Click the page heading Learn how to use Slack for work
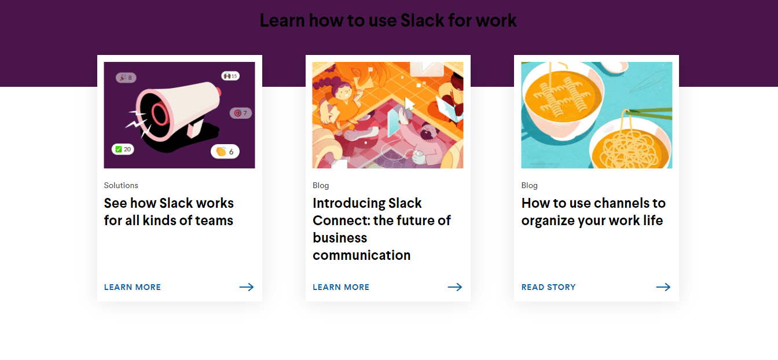pyautogui.click(x=388, y=21)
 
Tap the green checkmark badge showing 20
pyautogui.click(x=123, y=149)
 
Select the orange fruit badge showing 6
pyautogui.click(x=225, y=152)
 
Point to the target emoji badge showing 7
pyautogui.click(x=240, y=113)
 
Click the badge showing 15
pyautogui.click(x=230, y=76)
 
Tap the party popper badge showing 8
pyautogui.click(x=126, y=78)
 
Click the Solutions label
pyautogui.click(x=121, y=186)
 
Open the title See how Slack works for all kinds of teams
pyautogui.click(x=168, y=212)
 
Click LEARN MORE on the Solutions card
pyautogui.click(x=133, y=287)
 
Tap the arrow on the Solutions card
pyautogui.click(x=247, y=287)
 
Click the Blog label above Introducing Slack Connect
pyautogui.click(x=321, y=186)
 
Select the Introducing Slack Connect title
pyautogui.click(x=381, y=229)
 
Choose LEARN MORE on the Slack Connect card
pyautogui.click(x=341, y=287)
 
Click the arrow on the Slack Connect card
pyautogui.click(x=455, y=287)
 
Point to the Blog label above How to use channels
pyautogui.click(x=530, y=186)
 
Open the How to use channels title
pyautogui.click(x=593, y=212)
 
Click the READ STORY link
pyautogui.click(x=549, y=287)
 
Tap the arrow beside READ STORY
pyautogui.click(x=663, y=287)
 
